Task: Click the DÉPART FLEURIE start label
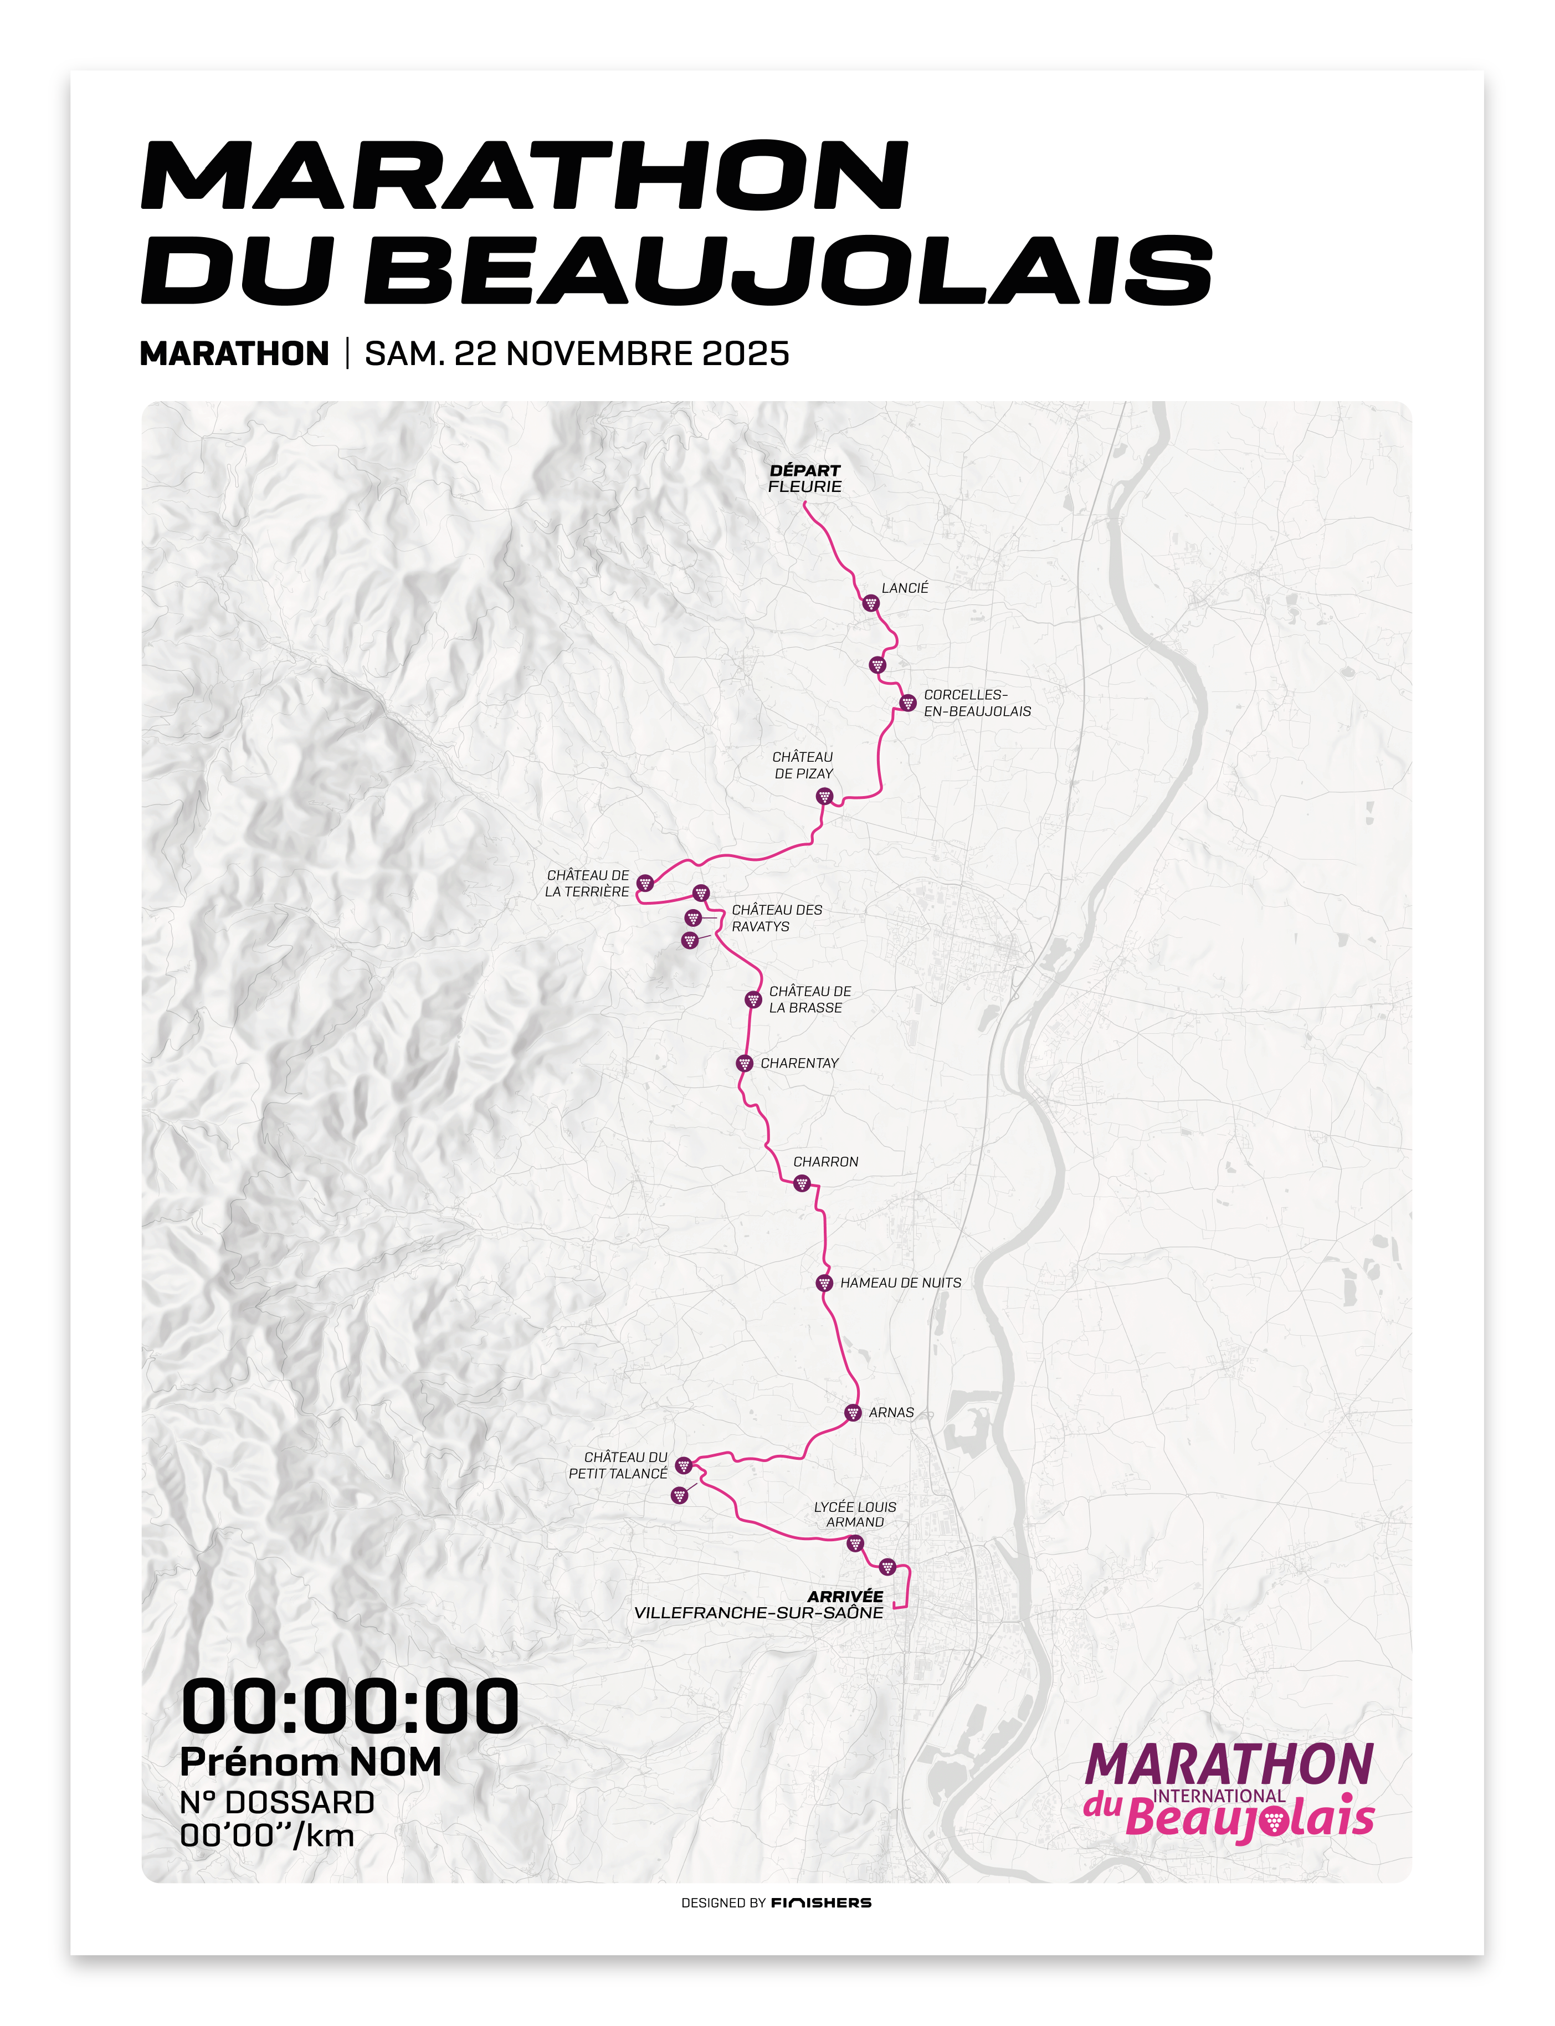click(x=804, y=479)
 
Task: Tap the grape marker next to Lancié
click(x=870, y=603)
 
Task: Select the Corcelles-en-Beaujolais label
click(x=977, y=702)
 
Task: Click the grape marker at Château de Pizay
click(x=824, y=797)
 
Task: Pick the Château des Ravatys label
click(x=777, y=918)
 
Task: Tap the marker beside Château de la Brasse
click(x=753, y=999)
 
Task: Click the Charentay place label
click(x=799, y=1064)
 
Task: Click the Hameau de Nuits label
click(x=900, y=1283)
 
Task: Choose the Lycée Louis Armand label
click(x=854, y=1514)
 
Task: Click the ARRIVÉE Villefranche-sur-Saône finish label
click(x=759, y=1604)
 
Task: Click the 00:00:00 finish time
click(x=350, y=1707)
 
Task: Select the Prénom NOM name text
click(x=310, y=1763)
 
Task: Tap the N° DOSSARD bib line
click(x=277, y=1803)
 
